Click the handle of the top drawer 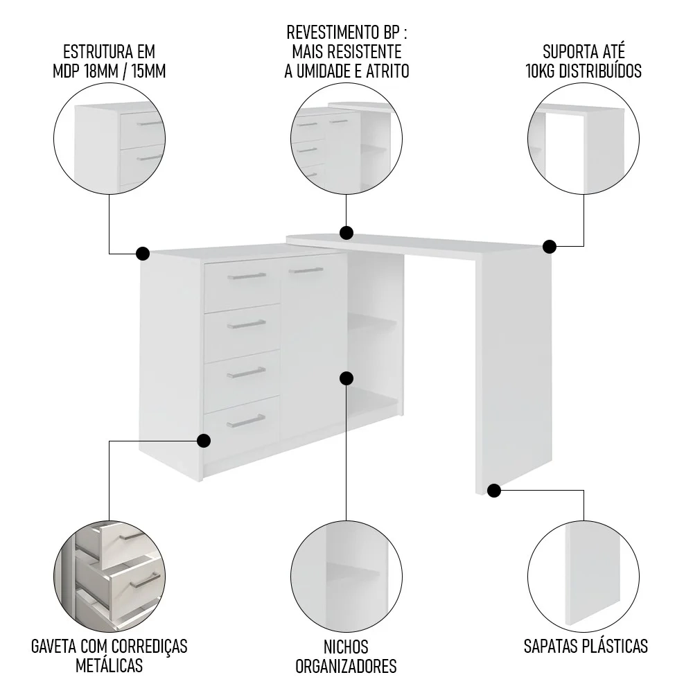tap(247, 277)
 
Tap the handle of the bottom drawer tap(246, 421)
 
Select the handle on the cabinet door tap(306, 270)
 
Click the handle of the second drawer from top tap(247, 325)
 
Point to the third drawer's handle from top tap(246, 373)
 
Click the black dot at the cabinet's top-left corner tap(142, 254)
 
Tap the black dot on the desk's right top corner tap(550, 247)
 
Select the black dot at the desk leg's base tap(494, 491)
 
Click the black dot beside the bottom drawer tap(203, 441)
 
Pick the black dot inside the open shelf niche tap(346, 378)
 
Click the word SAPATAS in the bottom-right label tap(550, 646)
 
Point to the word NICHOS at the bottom tap(346, 647)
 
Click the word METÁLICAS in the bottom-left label tap(109, 665)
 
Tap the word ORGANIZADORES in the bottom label tap(346, 666)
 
